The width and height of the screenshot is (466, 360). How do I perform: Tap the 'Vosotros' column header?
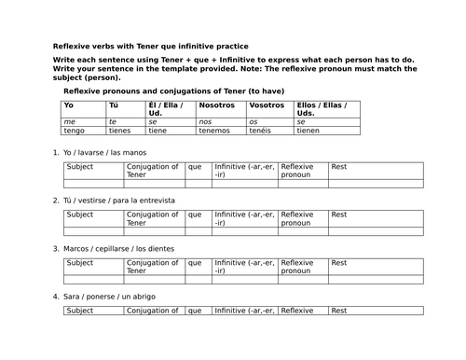265,105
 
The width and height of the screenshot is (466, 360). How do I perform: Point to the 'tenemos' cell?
214,130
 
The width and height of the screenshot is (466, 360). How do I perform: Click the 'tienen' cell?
308,130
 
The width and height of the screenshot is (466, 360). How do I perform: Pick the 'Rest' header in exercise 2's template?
339,215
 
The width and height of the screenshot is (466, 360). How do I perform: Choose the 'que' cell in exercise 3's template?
194,263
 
